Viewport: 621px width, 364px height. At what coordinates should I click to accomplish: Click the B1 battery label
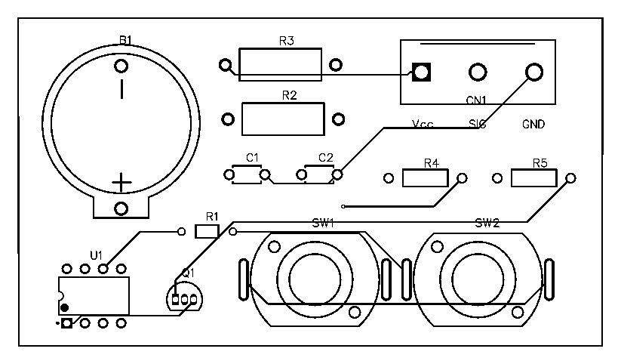click(125, 39)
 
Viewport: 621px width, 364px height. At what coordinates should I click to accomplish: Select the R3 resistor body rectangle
click(280, 64)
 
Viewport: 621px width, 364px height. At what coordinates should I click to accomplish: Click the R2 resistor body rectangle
click(284, 119)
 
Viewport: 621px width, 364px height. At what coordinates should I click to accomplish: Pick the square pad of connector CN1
click(421, 72)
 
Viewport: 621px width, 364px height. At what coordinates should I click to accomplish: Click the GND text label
click(533, 123)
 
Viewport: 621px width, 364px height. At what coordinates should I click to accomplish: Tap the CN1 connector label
click(477, 99)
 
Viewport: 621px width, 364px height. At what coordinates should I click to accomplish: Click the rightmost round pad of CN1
click(533, 72)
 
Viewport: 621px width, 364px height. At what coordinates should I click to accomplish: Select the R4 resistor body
click(425, 178)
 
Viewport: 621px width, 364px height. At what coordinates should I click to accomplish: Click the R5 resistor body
click(533, 178)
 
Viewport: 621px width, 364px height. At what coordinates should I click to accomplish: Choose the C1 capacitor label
click(253, 157)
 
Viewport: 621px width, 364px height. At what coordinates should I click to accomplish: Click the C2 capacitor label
click(325, 157)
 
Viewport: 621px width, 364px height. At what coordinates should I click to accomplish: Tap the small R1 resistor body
click(206, 231)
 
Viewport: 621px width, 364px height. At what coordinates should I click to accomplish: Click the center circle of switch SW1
click(313, 277)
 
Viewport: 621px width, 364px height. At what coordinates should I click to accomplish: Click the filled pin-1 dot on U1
click(65, 307)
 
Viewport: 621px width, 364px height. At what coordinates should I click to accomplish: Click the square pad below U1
click(66, 324)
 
